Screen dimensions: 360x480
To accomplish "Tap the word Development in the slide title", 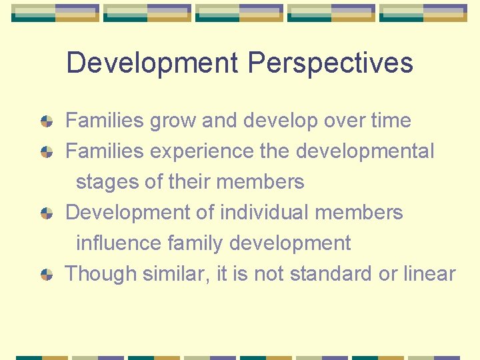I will pos(152,63).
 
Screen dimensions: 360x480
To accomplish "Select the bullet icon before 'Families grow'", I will pos(47,121).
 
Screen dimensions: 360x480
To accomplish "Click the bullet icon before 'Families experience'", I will pos(47,152).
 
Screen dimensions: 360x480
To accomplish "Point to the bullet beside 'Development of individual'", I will pos(47,213).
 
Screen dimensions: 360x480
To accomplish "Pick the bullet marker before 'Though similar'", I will pos(47,274).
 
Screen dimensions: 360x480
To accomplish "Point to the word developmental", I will pos(365,152).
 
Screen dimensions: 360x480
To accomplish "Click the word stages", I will pos(108,182).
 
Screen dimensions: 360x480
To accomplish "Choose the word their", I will pos(204,181).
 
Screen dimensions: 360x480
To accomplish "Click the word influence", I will pos(118,243).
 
